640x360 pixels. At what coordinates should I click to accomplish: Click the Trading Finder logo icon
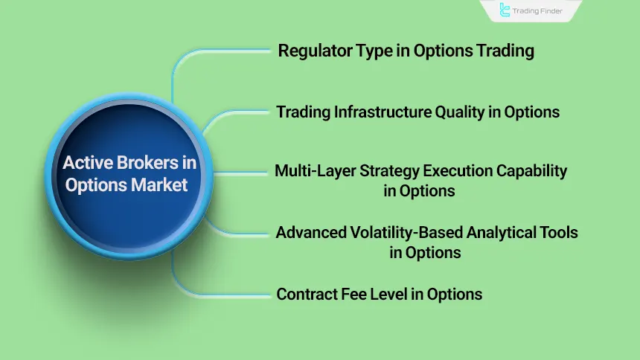coord(506,10)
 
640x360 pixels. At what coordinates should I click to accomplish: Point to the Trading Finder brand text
coord(542,11)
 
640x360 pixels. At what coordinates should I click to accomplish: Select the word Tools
coord(560,232)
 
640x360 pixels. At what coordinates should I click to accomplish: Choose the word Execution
coord(449,171)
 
